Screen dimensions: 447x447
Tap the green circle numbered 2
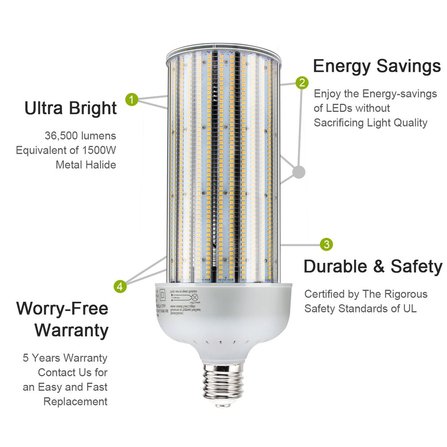302,82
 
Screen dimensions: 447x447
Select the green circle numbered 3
327,244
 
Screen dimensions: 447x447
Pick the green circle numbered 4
119,286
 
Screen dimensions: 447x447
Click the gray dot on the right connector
299,171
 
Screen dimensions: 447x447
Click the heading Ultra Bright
71,108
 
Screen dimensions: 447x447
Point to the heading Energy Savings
377,66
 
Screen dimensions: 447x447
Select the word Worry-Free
62,309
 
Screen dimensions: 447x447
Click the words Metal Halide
86,165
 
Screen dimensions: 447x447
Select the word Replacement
76,401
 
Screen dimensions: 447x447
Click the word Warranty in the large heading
72,331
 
